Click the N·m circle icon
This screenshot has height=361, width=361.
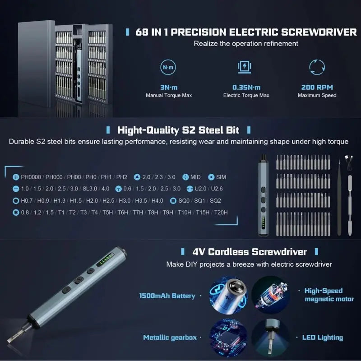coord(168,67)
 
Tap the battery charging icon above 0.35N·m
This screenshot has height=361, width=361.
coord(245,67)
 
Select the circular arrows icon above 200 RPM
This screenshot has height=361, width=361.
coord(317,67)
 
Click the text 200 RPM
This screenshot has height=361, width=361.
coord(317,87)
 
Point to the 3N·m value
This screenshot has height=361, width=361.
coord(169,88)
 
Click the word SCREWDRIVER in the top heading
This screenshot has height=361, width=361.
coord(319,32)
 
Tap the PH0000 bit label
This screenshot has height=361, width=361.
coord(31,177)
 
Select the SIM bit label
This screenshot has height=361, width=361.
coord(221,177)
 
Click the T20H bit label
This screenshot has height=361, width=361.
coord(221,212)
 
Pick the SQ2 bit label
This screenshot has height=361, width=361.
coord(215,200)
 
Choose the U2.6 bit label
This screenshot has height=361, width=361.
coord(217,189)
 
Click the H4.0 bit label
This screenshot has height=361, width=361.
coord(157,200)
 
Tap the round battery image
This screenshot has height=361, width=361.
coord(228,295)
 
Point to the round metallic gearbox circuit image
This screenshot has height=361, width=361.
coord(228,338)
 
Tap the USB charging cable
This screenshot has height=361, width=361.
coord(349,163)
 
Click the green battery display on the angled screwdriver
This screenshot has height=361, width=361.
coord(105,259)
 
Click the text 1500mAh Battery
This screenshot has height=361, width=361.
coord(167,296)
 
